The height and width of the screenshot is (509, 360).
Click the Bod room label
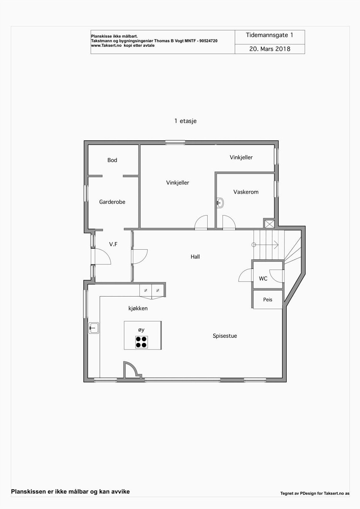point(112,160)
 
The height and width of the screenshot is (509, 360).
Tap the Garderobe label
point(112,202)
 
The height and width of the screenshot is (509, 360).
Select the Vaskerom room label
point(246,192)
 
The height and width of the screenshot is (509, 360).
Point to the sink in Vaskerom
point(220,202)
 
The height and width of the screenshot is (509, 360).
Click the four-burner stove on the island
point(141,342)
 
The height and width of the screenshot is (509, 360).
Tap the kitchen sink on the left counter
point(94,328)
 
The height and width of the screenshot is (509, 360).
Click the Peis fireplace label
point(268,299)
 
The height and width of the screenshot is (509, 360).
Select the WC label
point(263,279)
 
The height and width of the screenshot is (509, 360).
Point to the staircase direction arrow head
point(277,245)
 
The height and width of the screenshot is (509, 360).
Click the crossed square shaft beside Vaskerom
point(269,224)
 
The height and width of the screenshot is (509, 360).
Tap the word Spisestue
point(225,336)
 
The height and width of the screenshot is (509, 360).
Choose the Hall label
point(195,257)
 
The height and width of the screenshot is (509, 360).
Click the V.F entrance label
point(113,244)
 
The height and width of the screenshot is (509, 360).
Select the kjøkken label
point(138,308)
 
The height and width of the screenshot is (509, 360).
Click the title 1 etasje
point(185,121)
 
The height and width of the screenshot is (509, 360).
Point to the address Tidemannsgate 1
point(269,35)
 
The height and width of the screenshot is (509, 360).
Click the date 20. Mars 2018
point(270,49)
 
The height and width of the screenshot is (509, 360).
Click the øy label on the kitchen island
point(141,330)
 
